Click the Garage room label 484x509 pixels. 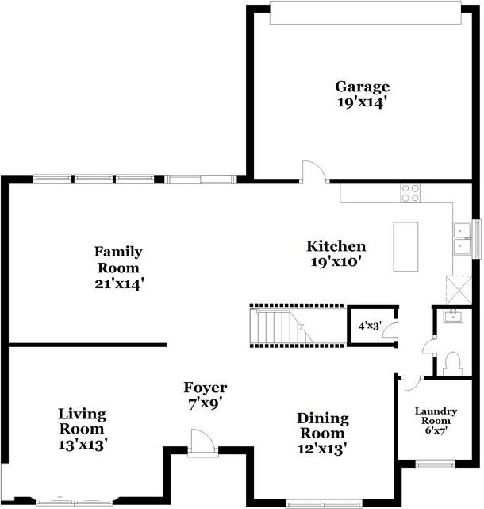tap(362, 87)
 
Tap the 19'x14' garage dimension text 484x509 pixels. tap(362, 102)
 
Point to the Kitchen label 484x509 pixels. tap(336, 246)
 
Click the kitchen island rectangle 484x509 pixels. tap(405, 246)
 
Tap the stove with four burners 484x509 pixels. tap(410, 192)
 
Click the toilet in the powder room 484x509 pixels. tap(453, 363)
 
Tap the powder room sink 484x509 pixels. tap(454, 317)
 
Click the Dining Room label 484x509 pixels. tap(321, 426)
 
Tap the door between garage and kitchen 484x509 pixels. tap(313, 172)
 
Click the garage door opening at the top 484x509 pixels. tap(364, 13)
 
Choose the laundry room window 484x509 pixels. tap(435, 465)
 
